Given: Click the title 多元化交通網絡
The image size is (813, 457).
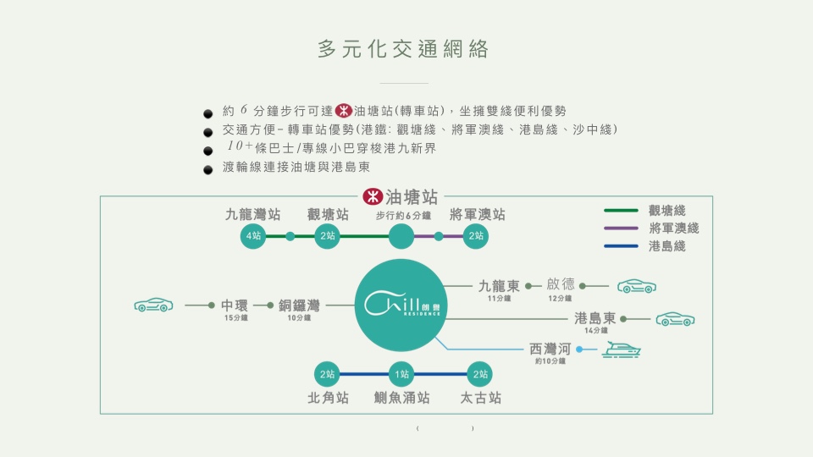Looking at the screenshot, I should click(x=404, y=49).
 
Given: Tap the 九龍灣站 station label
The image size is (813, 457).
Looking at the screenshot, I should click(x=252, y=215).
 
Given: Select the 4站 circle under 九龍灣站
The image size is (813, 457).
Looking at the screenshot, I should click(x=252, y=236).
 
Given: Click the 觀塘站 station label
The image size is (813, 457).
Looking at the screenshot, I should click(x=328, y=215).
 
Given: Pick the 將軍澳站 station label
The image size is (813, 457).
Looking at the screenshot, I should click(x=477, y=215).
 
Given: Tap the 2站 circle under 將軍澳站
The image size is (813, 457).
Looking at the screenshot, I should click(x=477, y=236).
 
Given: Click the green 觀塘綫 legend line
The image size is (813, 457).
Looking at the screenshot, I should click(x=620, y=211).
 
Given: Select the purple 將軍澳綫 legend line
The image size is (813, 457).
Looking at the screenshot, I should click(x=620, y=228).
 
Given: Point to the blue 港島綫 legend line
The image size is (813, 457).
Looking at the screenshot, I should click(x=620, y=246).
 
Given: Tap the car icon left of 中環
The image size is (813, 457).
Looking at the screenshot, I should click(x=153, y=305).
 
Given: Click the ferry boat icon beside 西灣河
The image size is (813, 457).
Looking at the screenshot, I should click(x=621, y=349).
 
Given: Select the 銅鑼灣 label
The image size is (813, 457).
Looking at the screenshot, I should click(x=298, y=306).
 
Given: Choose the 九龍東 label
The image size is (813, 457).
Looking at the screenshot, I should click(x=499, y=286).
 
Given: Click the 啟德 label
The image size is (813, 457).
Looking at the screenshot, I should click(x=560, y=284).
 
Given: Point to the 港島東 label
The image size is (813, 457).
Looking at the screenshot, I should click(x=595, y=318).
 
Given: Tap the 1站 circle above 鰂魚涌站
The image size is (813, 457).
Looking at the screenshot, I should click(x=401, y=374).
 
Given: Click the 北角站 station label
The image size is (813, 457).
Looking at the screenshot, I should click(x=328, y=397).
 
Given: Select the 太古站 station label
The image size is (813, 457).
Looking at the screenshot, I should click(x=480, y=397).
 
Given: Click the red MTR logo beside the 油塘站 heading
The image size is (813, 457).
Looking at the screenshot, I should click(x=371, y=197).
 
